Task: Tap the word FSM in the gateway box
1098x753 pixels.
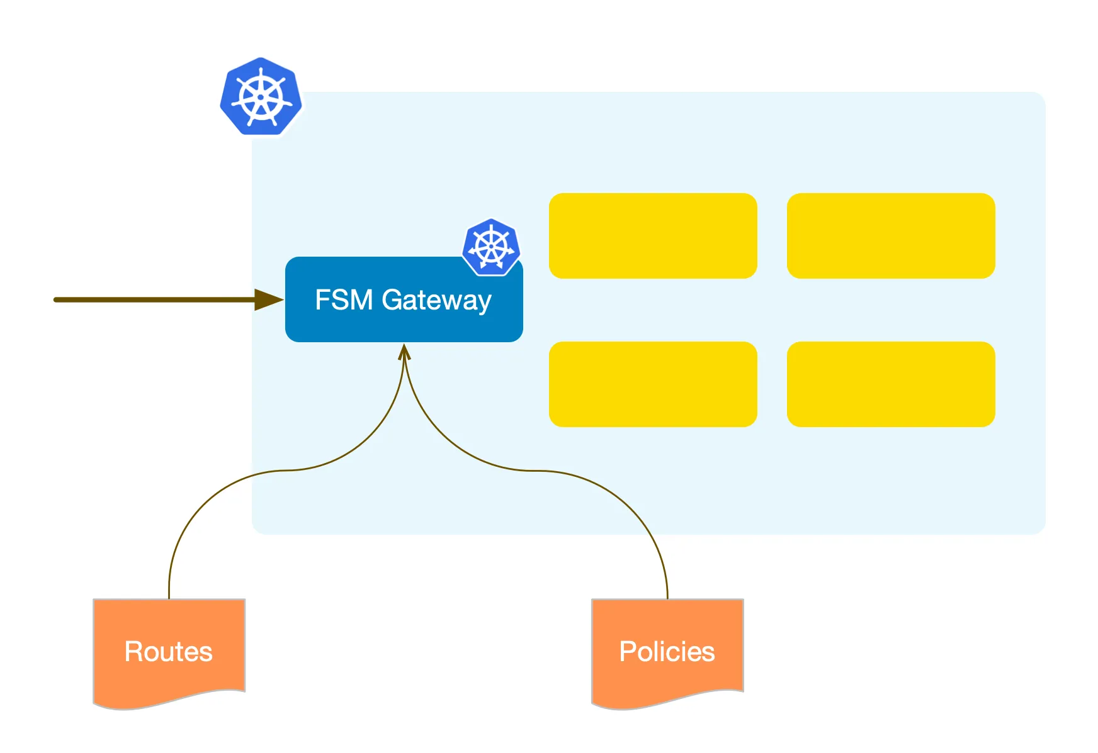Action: click(x=344, y=300)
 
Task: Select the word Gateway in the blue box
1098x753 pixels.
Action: click(x=436, y=301)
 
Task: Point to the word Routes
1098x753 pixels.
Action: click(x=169, y=652)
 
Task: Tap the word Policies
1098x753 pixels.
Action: click(x=667, y=652)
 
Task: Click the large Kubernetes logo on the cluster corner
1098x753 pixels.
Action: click(x=261, y=97)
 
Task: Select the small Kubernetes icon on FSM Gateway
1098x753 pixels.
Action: click(x=491, y=247)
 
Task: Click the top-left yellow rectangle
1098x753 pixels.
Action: click(x=653, y=236)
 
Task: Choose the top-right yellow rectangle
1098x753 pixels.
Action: click(x=891, y=236)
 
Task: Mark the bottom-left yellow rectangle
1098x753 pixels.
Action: click(x=653, y=384)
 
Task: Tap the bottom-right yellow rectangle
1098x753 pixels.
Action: click(x=891, y=384)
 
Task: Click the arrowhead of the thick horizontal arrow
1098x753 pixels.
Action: click(x=269, y=300)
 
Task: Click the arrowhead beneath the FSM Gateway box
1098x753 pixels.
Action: click(x=404, y=351)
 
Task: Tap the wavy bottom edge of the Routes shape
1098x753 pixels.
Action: click(x=169, y=701)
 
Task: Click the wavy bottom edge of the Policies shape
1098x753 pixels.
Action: click(x=667, y=701)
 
